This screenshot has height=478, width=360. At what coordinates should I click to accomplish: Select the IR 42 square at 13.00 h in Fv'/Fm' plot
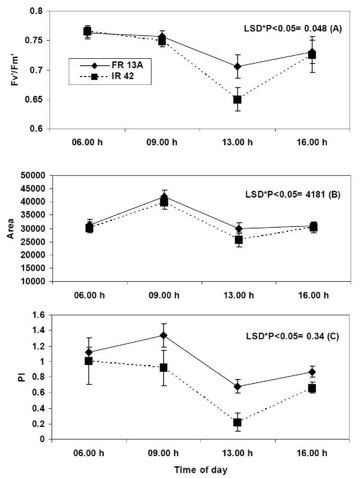[x=237, y=99]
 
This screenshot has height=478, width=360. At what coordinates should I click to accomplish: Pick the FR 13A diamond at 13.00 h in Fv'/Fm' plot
[x=237, y=66]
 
